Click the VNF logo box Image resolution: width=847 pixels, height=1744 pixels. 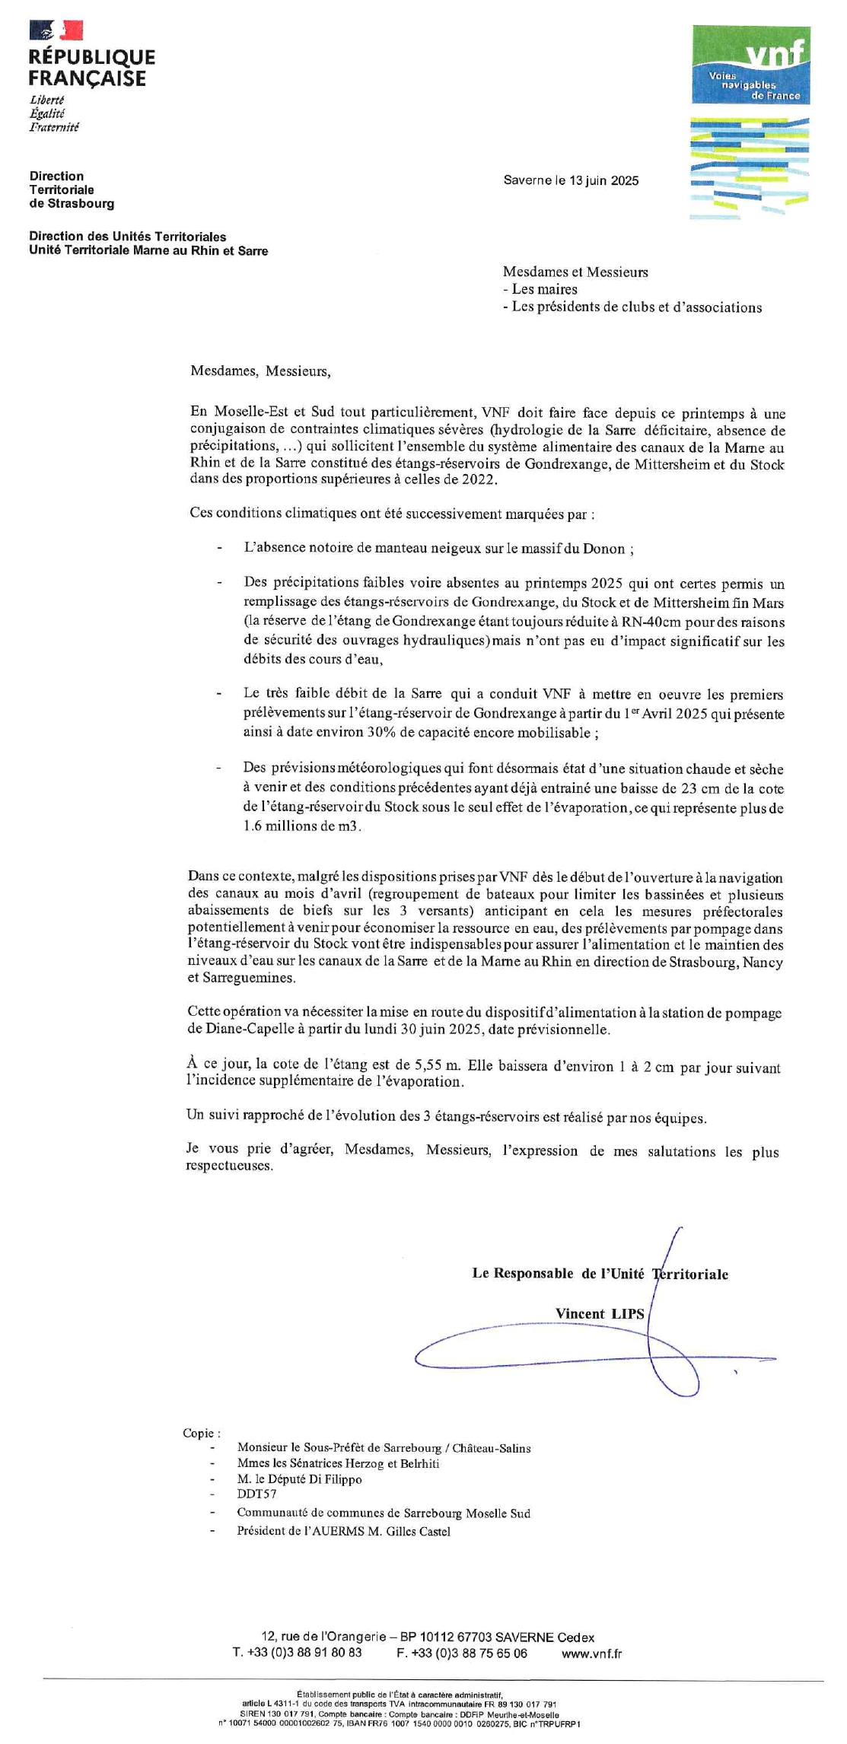750,65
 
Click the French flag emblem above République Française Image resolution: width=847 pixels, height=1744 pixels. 56,30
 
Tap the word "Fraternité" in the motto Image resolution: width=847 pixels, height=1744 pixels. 54,127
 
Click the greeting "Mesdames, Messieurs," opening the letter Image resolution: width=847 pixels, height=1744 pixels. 260,371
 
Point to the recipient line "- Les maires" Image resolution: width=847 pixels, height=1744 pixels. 540,289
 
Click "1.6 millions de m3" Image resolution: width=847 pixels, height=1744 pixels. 301,826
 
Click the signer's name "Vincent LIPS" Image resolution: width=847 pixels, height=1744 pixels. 599,1313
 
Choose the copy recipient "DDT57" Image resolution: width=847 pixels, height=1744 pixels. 256,1494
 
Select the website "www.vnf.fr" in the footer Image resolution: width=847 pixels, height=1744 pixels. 591,1653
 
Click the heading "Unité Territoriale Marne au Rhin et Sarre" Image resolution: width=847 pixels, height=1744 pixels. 148,250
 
